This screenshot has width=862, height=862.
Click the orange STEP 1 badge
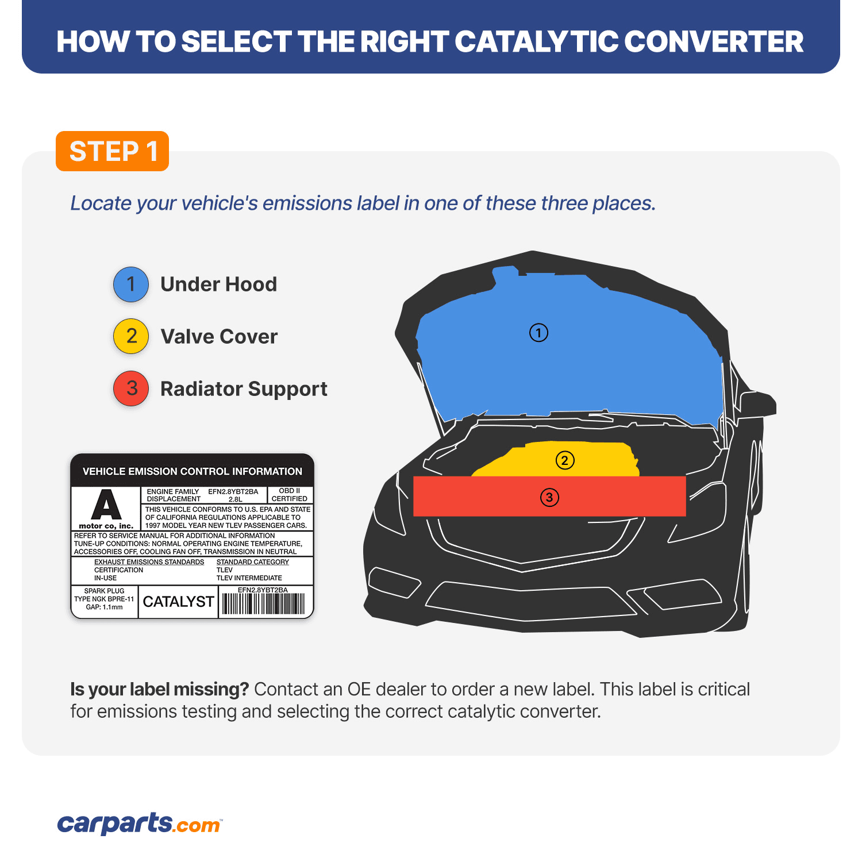point(112,151)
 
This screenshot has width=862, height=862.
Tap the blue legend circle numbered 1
point(131,284)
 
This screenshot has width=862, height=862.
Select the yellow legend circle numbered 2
point(131,336)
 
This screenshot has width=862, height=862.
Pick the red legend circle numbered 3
point(131,388)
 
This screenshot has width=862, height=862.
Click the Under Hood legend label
point(218,284)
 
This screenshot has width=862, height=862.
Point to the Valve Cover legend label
point(219,337)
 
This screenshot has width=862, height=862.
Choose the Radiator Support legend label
point(244,389)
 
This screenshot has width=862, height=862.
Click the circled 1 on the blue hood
point(538,333)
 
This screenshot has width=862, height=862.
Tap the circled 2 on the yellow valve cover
point(565,460)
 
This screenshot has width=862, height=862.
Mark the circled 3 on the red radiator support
point(549,497)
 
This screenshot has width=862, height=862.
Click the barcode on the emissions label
point(263,604)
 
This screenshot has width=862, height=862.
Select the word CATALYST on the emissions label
point(178,602)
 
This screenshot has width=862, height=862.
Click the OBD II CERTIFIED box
point(290,495)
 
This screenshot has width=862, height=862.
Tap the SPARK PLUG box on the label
point(104,599)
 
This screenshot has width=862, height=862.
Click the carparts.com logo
point(140,823)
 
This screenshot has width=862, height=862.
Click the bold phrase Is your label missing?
point(159,689)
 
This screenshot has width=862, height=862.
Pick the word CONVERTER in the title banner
point(713,41)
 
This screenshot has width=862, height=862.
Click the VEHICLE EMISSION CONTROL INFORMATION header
point(193,471)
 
